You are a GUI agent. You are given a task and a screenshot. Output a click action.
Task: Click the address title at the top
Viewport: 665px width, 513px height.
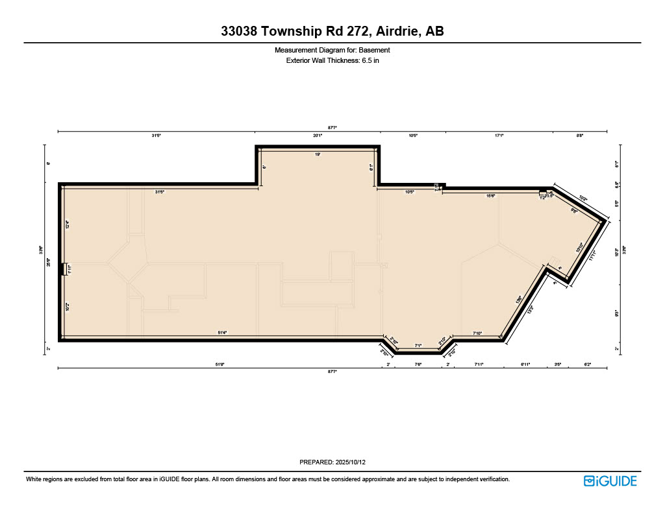(332, 31)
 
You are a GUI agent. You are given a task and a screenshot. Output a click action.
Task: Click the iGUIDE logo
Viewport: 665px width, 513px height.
(610, 481)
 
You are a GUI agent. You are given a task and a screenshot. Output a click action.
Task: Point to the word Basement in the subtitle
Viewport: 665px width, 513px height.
(377, 50)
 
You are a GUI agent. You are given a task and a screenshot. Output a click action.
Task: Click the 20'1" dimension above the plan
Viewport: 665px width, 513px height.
(318, 136)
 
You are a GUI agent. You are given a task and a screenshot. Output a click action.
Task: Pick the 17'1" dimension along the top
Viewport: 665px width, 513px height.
(499, 136)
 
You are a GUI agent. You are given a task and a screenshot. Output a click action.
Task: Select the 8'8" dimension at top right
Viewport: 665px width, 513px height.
(580, 136)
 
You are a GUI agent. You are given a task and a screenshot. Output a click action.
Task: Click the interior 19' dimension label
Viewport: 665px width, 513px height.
(318, 154)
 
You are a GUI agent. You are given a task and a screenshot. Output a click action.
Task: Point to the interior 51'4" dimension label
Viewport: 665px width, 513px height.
(221, 333)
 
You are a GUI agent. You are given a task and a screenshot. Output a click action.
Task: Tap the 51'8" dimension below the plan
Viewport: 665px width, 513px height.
(220, 364)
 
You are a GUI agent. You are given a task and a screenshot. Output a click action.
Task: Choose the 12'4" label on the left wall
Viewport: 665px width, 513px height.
(67, 225)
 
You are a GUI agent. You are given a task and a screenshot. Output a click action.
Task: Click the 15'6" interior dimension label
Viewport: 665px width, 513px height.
(491, 195)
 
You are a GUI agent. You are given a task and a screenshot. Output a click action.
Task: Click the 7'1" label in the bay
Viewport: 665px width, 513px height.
(419, 346)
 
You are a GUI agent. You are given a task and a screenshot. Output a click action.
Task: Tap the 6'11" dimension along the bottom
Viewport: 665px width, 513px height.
(525, 364)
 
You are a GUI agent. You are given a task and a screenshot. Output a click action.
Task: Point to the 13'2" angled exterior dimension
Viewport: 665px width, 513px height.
(529, 311)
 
